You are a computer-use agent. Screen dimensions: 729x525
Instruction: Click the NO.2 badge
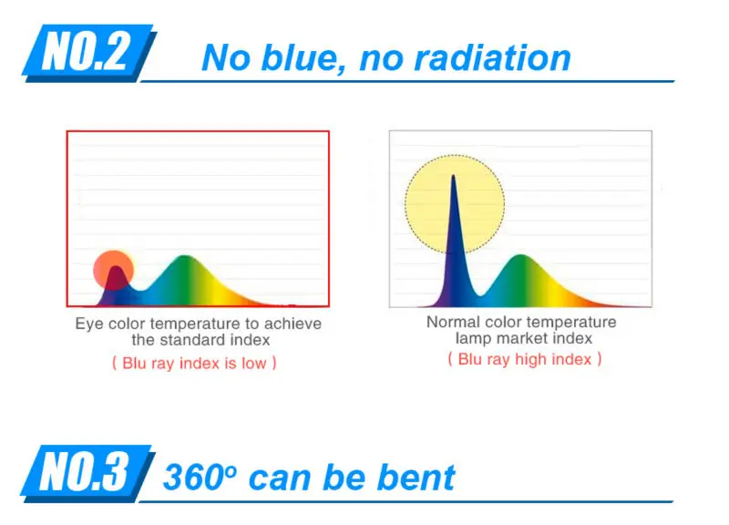pyautogui.click(x=88, y=53)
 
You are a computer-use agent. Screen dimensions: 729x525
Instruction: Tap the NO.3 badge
pyautogui.click(x=87, y=473)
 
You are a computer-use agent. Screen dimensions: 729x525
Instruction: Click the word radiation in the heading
pyautogui.click(x=492, y=57)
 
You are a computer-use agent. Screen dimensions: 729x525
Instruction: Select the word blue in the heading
pyautogui.click(x=303, y=57)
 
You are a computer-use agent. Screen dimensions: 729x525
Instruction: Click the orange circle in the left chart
pyautogui.click(x=113, y=270)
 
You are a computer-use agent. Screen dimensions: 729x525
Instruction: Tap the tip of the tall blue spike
pyautogui.click(x=453, y=176)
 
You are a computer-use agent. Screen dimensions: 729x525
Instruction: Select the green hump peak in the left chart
pyautogui.click(x=185, y=256)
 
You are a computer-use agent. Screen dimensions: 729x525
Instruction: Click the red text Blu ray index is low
pyautogui.click(x=194, y=363)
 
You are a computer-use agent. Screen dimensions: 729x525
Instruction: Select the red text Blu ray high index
pyautogui.click(x=525, y=359)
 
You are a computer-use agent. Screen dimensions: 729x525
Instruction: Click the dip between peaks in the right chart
pyautogui.click(x=481, y=294)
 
